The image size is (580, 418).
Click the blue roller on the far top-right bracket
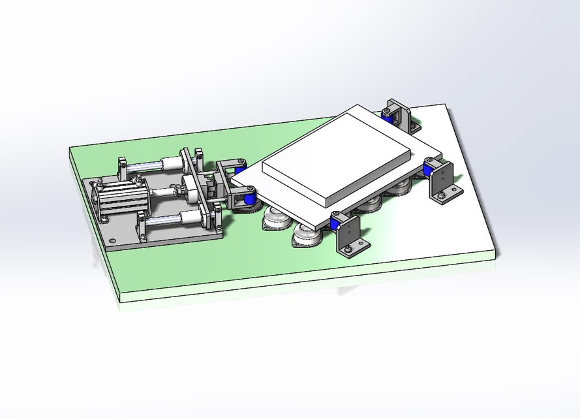(388, 118)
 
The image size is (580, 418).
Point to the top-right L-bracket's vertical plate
(399, 115)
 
